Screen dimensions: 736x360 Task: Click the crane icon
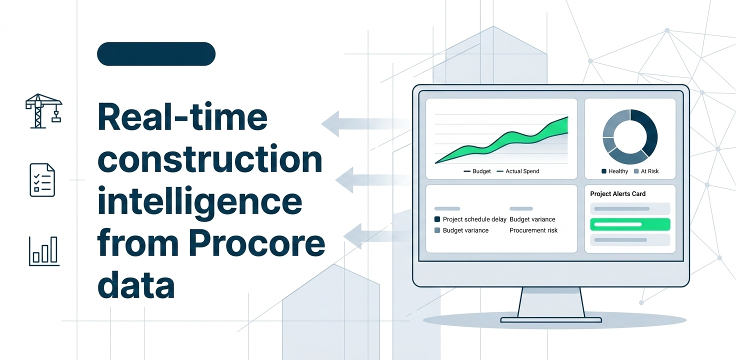point(43,111)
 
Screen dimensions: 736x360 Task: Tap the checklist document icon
point(42,180)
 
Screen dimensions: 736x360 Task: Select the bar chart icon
point(44,251)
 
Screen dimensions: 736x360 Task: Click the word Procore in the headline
point(256,243)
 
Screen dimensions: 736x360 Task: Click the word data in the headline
point(135,284)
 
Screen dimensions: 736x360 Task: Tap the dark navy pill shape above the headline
point(156,54)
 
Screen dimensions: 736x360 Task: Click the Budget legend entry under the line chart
point(477,171)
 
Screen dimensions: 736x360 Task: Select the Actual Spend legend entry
point(518,171)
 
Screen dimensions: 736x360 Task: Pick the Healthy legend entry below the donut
point(615,171)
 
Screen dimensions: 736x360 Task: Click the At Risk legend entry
point(646,171)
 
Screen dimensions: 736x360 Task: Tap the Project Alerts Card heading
point(617,194)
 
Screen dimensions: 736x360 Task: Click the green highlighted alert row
point(630,224)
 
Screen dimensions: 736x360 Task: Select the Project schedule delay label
point(470,219)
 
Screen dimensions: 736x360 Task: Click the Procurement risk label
point(533,230)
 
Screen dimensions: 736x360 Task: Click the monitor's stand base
point(551,319)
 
